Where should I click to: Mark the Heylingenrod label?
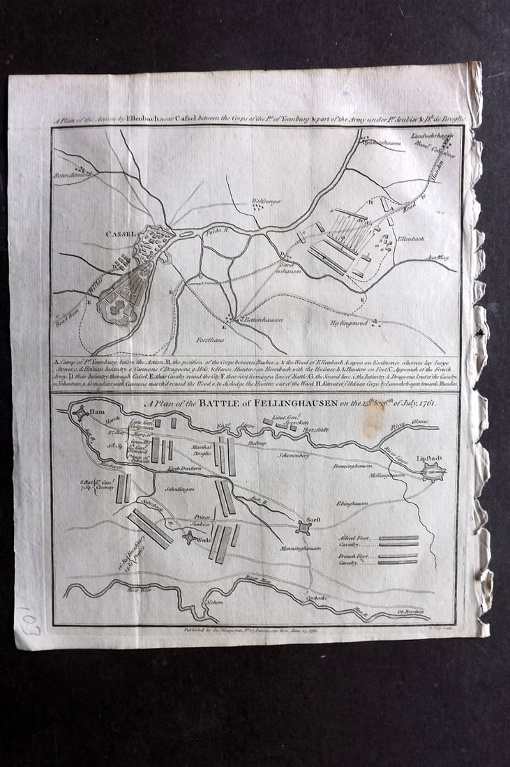point(350,324)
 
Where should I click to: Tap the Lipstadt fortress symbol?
point(433,473)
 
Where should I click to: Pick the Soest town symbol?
point(302,527)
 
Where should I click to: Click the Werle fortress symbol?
point(189,537)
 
